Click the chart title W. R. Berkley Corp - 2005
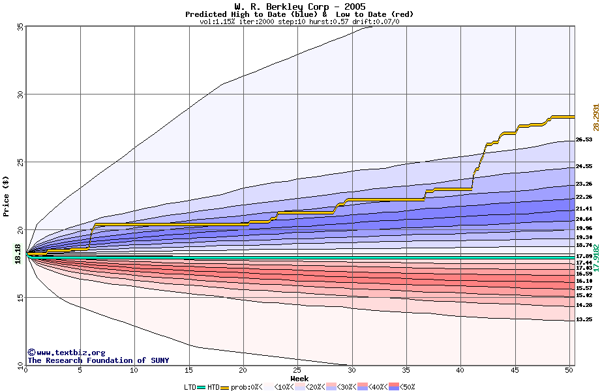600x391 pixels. tap(299, 7)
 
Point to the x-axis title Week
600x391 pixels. tap(299, 379)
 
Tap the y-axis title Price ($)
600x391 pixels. tap(6, 195)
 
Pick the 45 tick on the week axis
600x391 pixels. tap(515, 370)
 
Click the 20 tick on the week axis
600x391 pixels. tap(243, 370)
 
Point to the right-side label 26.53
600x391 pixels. tap(584, 139)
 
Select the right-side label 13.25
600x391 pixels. tap(584, 320)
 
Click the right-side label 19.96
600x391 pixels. tap(584, 229)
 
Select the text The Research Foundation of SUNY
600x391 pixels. tap(98, 360)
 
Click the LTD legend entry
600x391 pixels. tap(190, 387)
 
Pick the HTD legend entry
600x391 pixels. tap(213, 387)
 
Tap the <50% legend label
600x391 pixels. tap(408, 387)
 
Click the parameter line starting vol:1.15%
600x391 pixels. tap(299, 22)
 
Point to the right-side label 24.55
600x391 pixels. tap(584, 166)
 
